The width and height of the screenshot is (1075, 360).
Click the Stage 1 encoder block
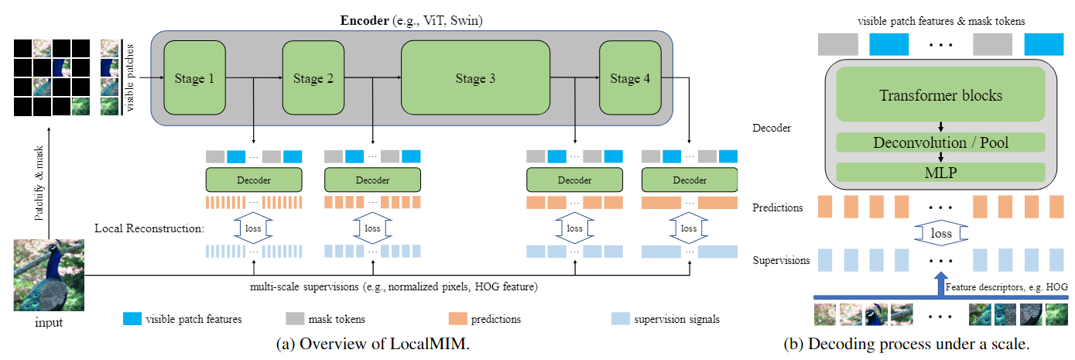pyautogui.click(x=194, y=78)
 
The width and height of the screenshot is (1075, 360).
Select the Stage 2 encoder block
pyautogui.click(x=313, y=78)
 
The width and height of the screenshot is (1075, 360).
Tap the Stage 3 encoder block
pyautogui.click(x=474, y=78)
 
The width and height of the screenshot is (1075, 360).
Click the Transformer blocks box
pyautogui.click(x=940, y=96)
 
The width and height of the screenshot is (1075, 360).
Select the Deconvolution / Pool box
pyautogui.click(x=940, y=142)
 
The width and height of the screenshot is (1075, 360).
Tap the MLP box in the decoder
pyautogui.click(x=940, y=171)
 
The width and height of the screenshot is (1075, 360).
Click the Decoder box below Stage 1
pyautogui.click(x=254, y=180)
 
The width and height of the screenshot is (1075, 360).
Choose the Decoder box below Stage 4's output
pyautogui.click(x=690, y=180)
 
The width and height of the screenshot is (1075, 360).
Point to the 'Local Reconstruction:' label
pyautogui.click(x=148, y=229)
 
